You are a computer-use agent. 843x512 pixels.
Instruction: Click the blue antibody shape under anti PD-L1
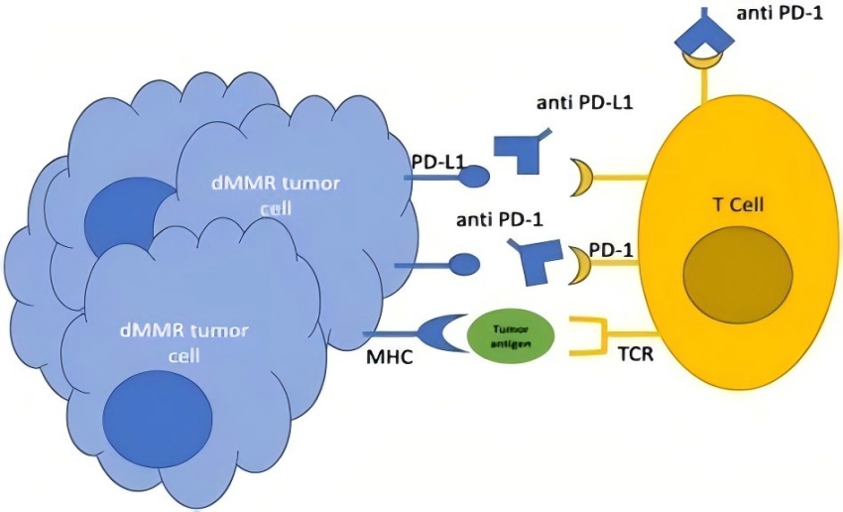[x=527, y=148]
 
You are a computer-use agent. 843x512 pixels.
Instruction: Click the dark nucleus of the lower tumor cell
[x=158, y=413]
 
